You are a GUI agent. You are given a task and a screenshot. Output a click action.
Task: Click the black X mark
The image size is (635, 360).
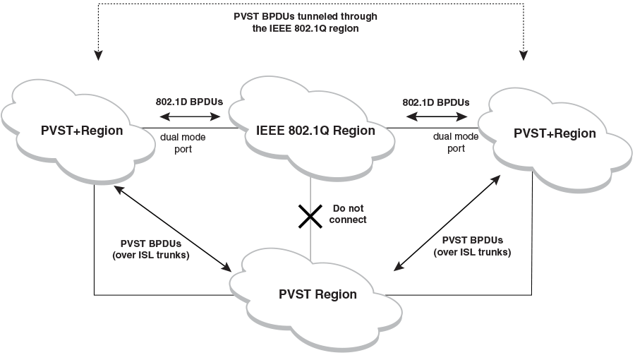coord(310,215)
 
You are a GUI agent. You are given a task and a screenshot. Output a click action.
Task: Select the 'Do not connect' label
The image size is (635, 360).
coord(349,215)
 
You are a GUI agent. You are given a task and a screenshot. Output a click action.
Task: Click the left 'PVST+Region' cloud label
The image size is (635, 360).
coord(82,131)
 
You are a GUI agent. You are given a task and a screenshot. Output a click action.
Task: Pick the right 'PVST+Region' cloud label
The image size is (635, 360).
coord(555,133)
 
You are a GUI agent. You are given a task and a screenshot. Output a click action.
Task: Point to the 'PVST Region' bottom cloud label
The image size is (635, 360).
coord(317,294)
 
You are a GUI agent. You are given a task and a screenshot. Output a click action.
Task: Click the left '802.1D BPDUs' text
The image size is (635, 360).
coord(189,101)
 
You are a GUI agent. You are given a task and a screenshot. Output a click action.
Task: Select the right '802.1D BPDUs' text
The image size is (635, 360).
coord(436,101)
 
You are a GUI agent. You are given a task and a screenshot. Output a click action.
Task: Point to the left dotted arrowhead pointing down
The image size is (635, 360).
coord(99,53)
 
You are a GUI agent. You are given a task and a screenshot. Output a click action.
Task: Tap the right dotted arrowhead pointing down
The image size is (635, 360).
coord(523,53)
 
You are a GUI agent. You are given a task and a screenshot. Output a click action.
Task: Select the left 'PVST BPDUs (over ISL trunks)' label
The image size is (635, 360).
coord(151,249)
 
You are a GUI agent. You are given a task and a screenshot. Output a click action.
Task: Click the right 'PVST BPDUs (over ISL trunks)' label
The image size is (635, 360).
coord(473,247)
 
